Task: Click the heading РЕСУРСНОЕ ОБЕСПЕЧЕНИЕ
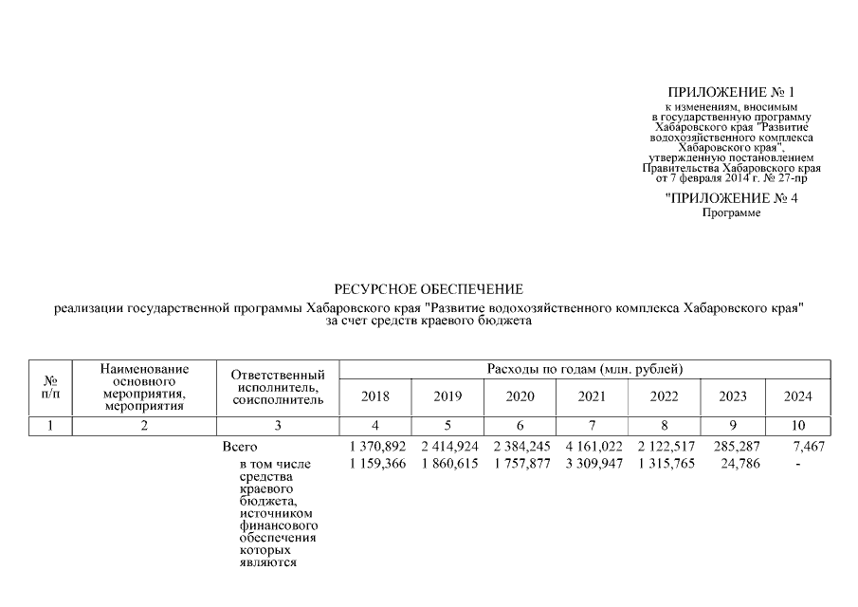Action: point(428,288)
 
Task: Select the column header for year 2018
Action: point(374,396)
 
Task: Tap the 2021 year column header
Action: point(591,396)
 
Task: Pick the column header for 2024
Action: point(798,396)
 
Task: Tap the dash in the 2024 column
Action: point(799,463)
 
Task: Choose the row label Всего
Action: point(239,446)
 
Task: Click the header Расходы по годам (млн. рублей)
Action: point(585,368)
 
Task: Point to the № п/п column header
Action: point(39,386)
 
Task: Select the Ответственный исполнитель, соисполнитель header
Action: point(278,388)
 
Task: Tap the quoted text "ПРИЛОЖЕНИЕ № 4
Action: point(730,198)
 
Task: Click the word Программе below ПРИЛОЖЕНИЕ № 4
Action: point(731,213)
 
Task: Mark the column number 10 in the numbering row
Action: point(798,426)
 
